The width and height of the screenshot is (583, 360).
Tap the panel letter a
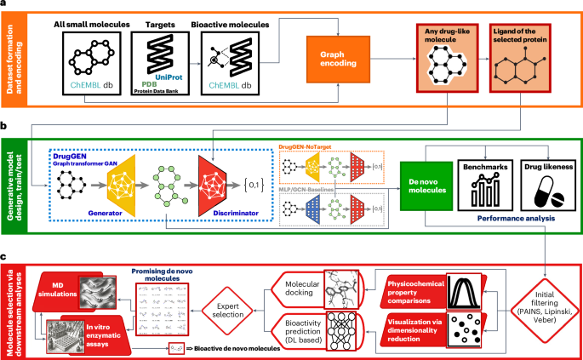(6, 5)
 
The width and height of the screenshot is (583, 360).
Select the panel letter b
(6, 124)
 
